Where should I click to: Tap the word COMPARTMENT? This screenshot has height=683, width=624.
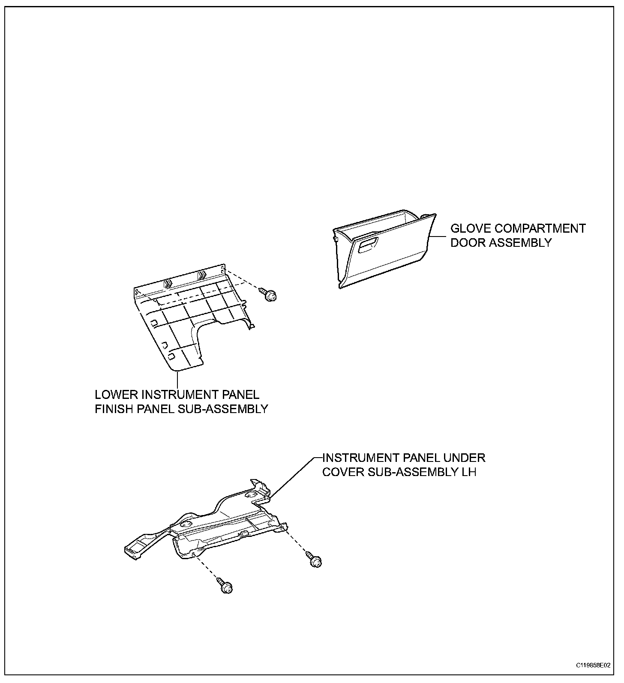(540, 228)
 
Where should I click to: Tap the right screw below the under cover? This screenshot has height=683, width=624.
(315, 560)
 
